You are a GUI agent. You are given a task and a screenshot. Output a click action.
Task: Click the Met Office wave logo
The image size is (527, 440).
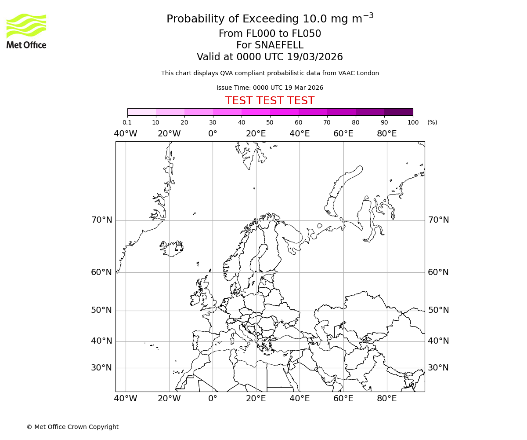point(26,26)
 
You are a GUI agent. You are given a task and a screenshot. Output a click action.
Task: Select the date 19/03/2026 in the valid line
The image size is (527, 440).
point(315,57)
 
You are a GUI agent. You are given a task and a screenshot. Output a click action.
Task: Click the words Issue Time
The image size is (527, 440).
point(234,88)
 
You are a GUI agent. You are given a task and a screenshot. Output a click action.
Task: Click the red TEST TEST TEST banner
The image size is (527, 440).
point(270,101)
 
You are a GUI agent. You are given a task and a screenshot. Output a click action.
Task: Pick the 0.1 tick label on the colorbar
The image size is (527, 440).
point(127,122)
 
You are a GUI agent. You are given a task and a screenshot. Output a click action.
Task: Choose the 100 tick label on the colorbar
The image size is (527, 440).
point(413,122)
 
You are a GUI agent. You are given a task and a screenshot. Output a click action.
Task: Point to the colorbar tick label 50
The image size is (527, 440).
point(270,122)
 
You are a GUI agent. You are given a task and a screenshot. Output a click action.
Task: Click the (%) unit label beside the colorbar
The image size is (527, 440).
point(432,122)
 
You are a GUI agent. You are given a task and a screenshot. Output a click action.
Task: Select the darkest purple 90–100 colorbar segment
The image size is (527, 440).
point(398,112)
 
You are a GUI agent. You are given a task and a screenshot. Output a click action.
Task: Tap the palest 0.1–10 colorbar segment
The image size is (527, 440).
point(141,112)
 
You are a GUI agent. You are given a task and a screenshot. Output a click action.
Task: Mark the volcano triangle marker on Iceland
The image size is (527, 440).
point(179,248)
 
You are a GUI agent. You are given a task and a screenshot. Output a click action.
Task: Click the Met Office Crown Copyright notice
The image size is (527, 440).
point(72,427)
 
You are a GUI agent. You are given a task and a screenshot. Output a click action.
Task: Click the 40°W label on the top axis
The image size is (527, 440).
point(126,134)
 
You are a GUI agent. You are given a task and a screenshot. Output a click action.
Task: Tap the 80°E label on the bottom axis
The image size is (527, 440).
point(386,399)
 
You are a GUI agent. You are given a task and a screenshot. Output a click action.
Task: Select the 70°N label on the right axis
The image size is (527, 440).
point(438,220)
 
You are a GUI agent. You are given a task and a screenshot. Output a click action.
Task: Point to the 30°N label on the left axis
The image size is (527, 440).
point(101,368)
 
